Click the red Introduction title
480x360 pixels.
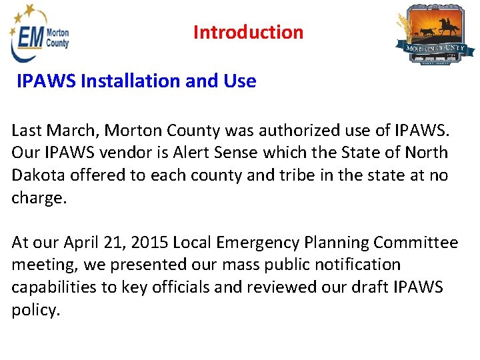point(248,32)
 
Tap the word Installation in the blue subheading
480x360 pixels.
point(127,81)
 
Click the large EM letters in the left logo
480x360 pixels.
point(29,39)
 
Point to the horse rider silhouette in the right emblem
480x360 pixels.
point(447,26)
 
